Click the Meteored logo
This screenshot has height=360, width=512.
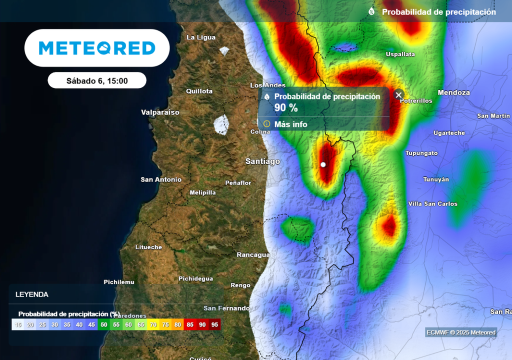coord(97,48)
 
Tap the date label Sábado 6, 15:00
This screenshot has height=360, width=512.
coord(97,80)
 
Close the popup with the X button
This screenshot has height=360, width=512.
coord(398,95)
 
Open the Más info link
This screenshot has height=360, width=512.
coord(290,124)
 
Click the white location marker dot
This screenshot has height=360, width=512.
coord(323,164)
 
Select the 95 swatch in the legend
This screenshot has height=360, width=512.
coord(214,324)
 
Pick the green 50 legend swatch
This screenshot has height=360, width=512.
coord(103,324)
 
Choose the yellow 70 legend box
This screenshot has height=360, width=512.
coord(153,324)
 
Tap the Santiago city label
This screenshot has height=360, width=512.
coord(262,161)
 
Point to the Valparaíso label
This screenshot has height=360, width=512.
coord(160,112)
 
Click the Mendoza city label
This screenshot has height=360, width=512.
coord(453,92)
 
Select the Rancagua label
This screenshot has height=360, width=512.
coord(253,254)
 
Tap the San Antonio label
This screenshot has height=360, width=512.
coord(161,179)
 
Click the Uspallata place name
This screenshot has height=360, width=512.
coord(400,54)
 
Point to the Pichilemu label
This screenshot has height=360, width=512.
coord(119,282)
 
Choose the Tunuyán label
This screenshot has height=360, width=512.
coord(436,179)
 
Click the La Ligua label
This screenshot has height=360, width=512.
coord(201,37)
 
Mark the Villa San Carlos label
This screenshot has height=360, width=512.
coord(432,204)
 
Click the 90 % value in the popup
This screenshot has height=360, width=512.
coord(286,107)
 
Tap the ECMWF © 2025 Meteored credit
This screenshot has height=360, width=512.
coord(460,332)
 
